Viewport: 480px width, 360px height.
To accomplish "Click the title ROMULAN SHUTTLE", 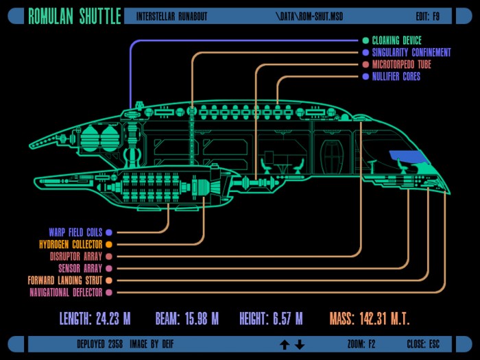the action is tap(75, 16).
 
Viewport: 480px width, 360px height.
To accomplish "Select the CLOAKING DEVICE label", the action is tap(397, 40).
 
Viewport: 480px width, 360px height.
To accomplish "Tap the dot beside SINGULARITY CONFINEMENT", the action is tap(365, 52).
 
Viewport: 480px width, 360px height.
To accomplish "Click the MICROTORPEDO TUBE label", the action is tap(402, 64).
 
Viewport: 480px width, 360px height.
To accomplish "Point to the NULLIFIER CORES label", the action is tap(396, 76).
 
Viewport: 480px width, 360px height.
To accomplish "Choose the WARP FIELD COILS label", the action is tap(75, 232).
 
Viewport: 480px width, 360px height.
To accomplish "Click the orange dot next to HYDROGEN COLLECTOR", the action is tap(109, 244).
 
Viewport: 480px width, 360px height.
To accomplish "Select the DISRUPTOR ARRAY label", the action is tap(76, 256).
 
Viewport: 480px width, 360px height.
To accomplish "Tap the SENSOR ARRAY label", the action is tap(80, 269).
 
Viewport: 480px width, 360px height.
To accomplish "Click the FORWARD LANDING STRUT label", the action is tap(65, 280).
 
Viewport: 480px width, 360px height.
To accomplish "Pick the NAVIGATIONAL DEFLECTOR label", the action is tap(66, 292).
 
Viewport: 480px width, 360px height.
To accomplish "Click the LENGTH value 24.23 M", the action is tap(113, 319).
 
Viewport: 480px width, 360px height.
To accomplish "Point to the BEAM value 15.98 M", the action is tap(202, 319).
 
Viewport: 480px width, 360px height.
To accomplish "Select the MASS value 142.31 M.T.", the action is tap(385, 319).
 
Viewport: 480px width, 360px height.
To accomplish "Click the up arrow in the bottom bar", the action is tap(285, 345).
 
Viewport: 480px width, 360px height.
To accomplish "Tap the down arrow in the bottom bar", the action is tap(300, 345).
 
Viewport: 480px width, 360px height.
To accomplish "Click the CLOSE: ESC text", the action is tap(423, 344).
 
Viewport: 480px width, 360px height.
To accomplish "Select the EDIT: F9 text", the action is tap(428, 16).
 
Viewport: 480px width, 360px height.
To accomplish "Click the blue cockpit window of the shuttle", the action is tap(407, 156).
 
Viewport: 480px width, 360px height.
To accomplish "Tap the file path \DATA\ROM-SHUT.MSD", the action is tap(309, 16).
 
